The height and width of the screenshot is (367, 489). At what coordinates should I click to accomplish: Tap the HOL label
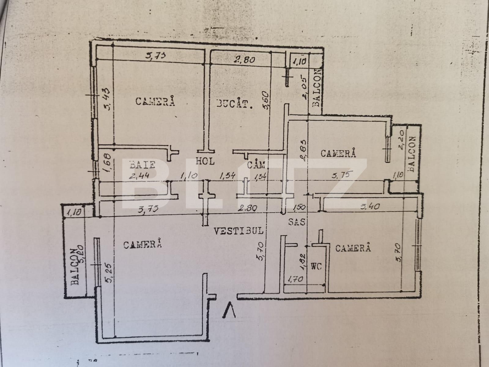point(205,161)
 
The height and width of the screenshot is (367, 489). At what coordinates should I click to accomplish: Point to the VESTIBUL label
point(238,231)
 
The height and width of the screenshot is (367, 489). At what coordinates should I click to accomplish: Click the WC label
point(317,266)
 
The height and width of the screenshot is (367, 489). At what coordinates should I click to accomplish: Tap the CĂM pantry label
point(256,165)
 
